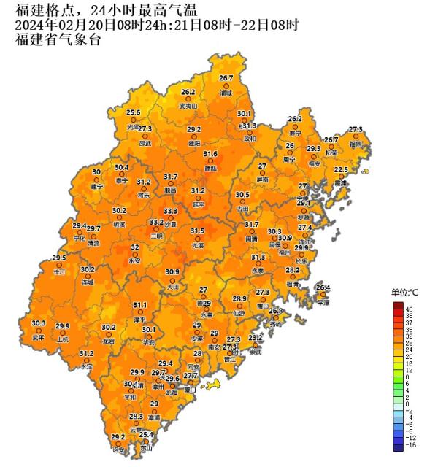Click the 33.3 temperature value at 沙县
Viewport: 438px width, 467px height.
click(170, 211)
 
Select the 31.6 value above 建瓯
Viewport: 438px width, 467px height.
click(210, 154)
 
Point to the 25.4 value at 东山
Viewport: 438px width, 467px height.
click(147, 435)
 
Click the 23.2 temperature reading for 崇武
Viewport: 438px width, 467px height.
click(255, 338)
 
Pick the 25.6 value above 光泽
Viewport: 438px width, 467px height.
click(133, 112)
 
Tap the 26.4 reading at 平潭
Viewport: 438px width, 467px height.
click(323, 287)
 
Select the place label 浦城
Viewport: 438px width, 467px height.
click(226, 93)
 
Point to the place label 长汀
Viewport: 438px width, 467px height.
click(59, 271)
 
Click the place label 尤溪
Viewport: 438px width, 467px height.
click(197, 246)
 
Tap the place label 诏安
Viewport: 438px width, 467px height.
click(118, 451)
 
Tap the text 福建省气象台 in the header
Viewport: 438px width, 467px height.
click(58, 39)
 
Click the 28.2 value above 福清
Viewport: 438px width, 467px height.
click(293, 270)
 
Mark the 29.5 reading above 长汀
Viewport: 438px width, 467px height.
click(59, 258)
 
